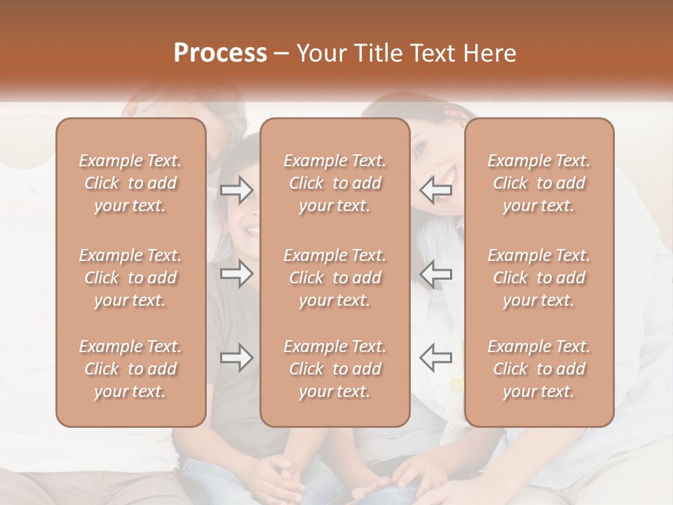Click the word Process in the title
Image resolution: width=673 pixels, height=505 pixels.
[x=220, y=53]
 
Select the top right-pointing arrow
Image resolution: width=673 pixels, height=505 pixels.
[x=236, y=189]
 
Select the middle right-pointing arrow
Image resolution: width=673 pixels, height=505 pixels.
[x=236, y=274]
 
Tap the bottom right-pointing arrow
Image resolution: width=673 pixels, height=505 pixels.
[x=236, y=358]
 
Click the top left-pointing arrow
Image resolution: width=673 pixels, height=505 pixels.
[x=435, y=189]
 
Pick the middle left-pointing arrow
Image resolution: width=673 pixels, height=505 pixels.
[x=435, y=274]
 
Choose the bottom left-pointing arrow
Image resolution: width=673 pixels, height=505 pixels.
[x=435, y=358]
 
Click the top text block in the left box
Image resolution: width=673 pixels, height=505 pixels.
[x=130, y=183]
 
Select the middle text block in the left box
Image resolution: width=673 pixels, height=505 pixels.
[x=130, y=278]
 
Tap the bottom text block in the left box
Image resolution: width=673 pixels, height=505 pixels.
[x=130, y=369]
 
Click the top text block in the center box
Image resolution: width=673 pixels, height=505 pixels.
[x=334, y=183]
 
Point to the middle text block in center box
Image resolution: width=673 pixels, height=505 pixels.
[x=334, y=278]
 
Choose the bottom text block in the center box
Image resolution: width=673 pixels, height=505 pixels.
[x=334, y=369]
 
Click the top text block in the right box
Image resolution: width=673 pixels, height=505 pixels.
[x=538, y=183]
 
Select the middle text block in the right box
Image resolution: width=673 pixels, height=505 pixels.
[x=538, y=278]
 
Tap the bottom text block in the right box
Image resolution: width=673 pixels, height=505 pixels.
[x=538, y=369]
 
